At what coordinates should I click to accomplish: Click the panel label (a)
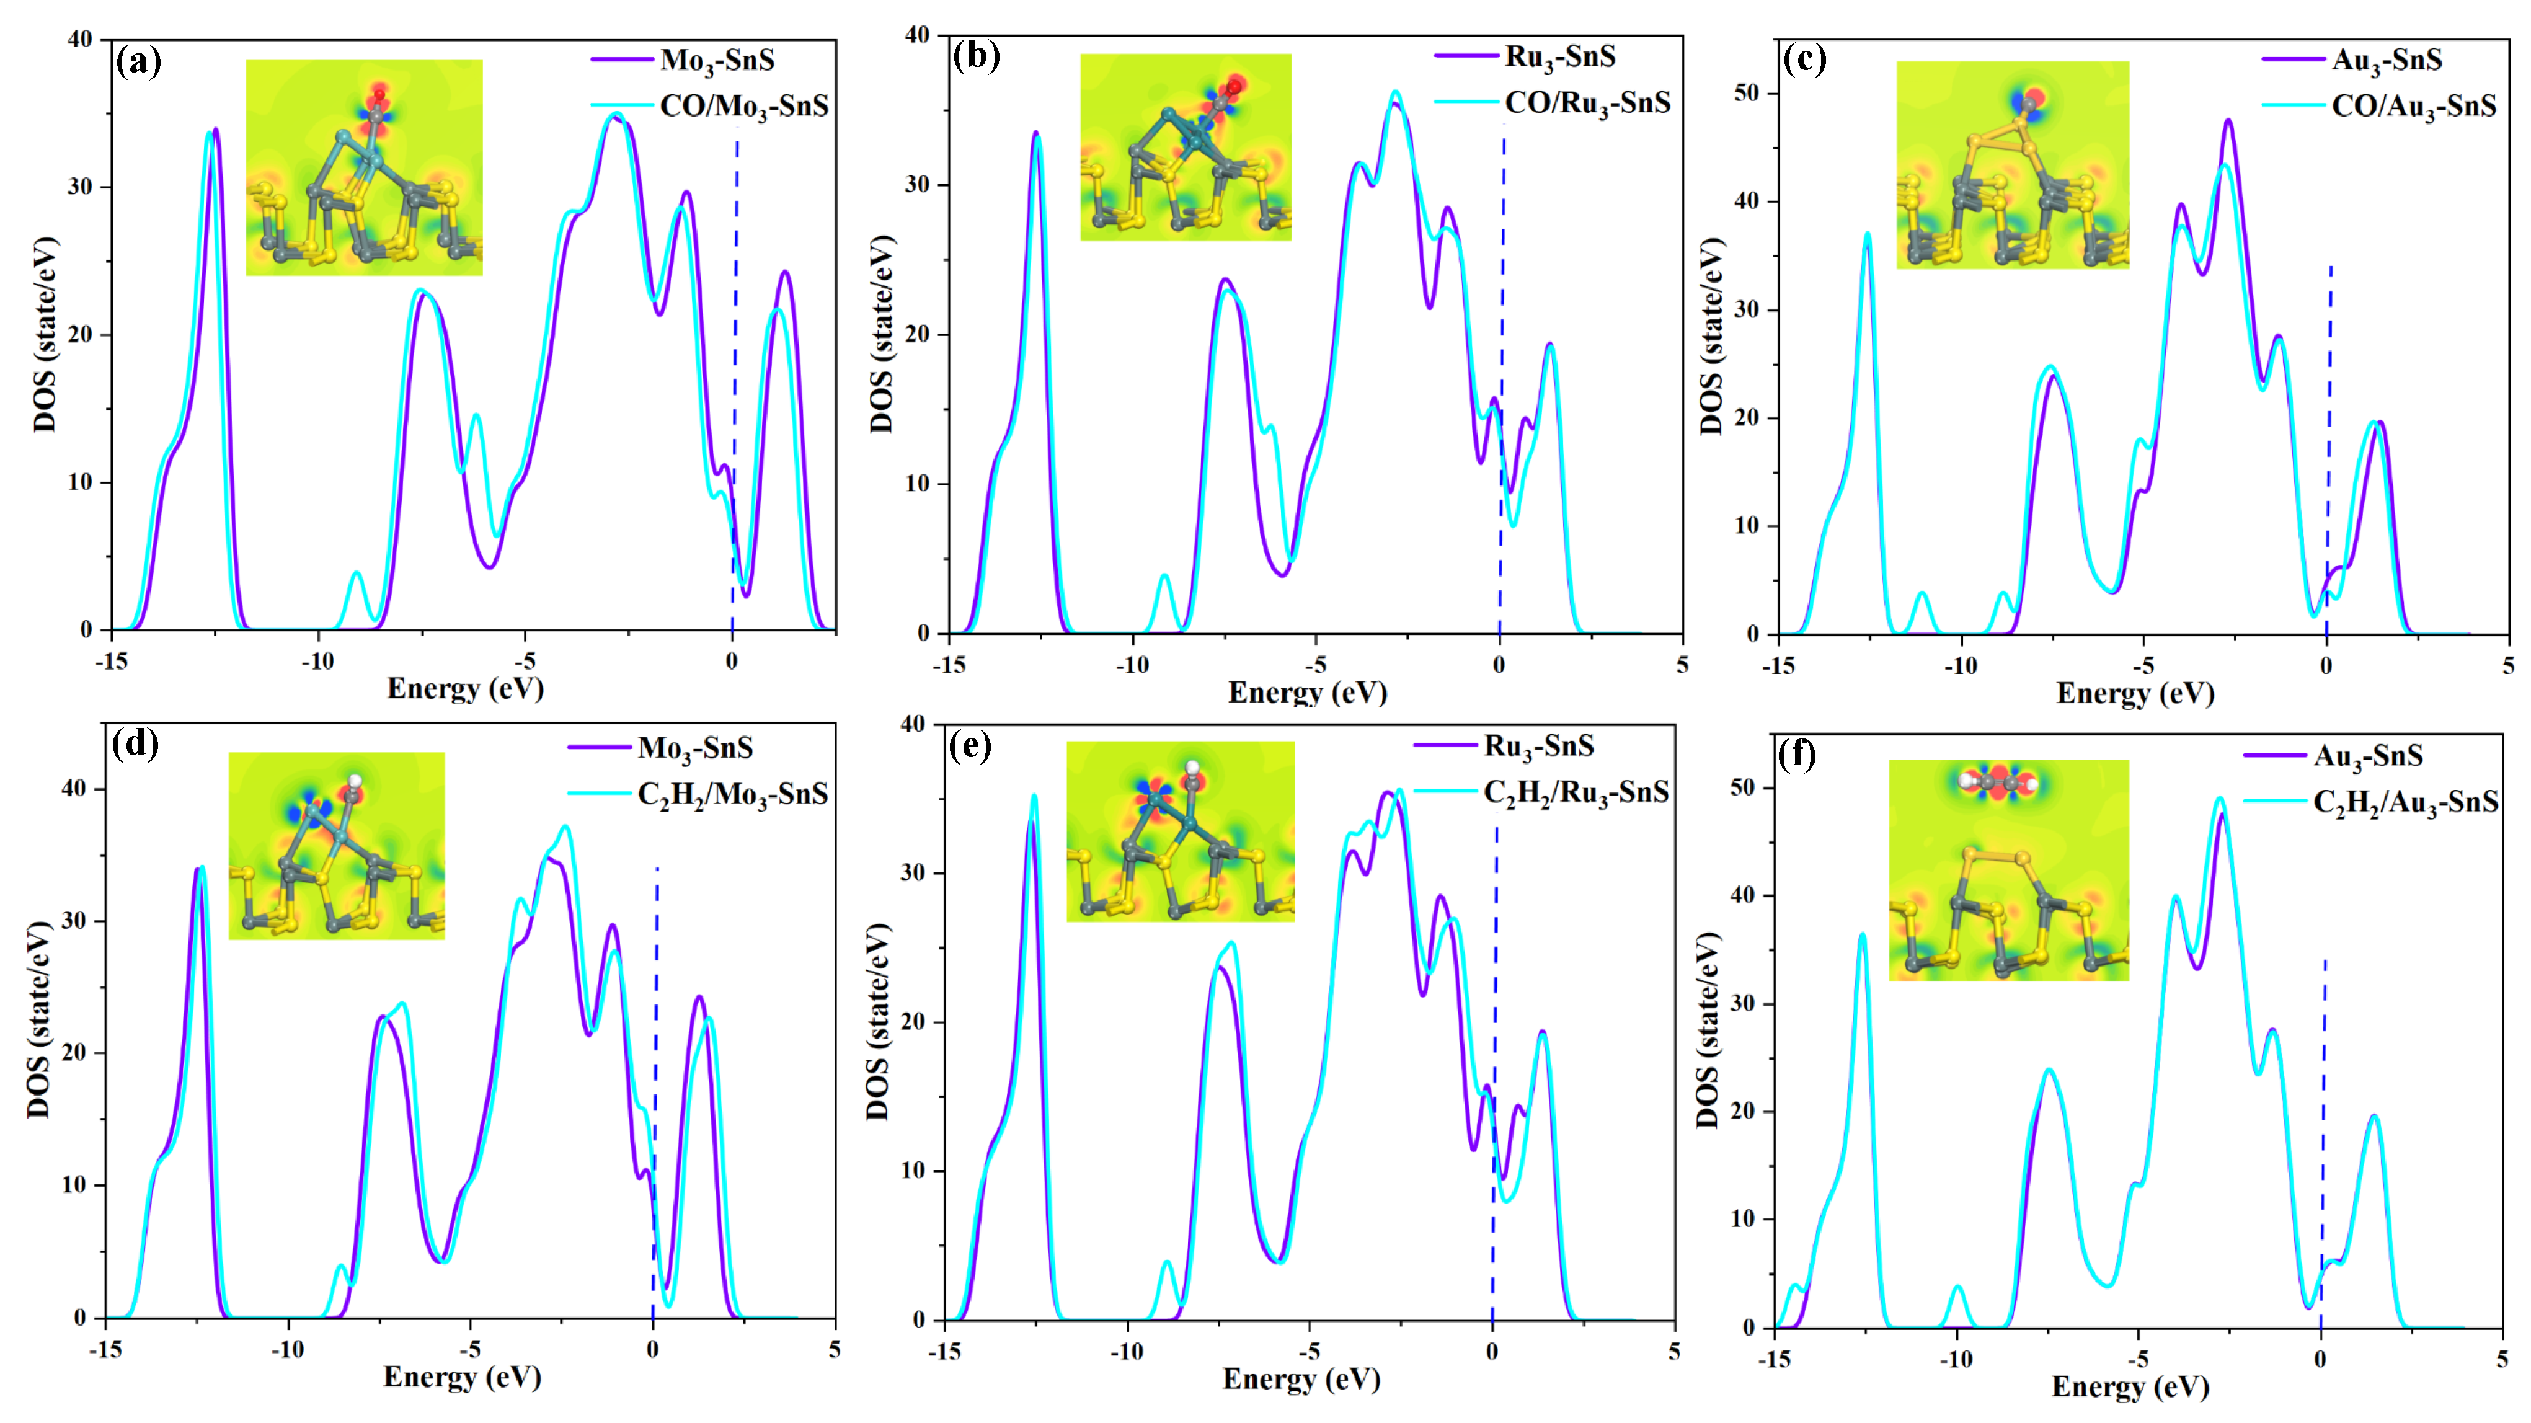click(138, 62)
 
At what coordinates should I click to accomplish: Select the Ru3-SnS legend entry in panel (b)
click(1560, 57)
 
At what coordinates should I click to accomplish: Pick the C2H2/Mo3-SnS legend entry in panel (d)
click(732, 794)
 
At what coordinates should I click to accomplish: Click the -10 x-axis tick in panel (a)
click(317, 662)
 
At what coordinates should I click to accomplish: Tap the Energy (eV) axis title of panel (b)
click(1307, 693)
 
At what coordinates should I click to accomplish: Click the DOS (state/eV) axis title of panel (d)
click(39, 1019)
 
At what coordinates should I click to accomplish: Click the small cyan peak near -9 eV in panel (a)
click(357, 574)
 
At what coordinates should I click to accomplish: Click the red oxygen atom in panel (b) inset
click(1234, 86)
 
